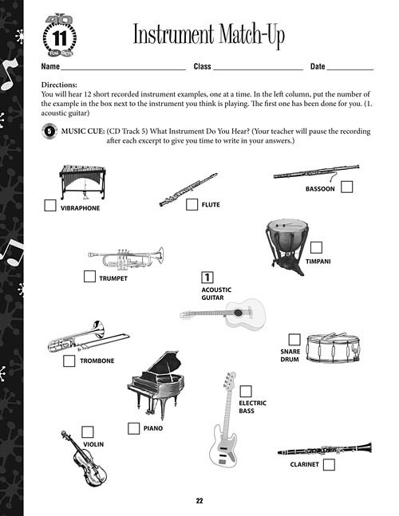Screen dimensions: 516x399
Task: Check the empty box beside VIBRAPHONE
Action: [x=49, y=206]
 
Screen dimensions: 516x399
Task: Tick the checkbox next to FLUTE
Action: [x=192, y=204]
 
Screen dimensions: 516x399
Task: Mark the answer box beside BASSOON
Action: [x=347, y=187]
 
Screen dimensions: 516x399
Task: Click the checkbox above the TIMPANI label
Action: [x=316, y=247]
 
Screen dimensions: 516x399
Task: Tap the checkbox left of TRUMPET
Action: [x=89, y=277]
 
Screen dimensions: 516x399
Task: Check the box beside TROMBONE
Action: [x=69, y=360]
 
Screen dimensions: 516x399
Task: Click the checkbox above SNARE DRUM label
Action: [x=294, y=339]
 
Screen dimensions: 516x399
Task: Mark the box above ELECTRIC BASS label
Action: [x=246, y=391]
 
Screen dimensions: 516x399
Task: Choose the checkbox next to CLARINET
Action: [x=329, y=464]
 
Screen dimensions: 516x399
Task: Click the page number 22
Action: [x=199, y=501]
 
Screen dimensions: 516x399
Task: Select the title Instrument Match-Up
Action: [x=208, y=36]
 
